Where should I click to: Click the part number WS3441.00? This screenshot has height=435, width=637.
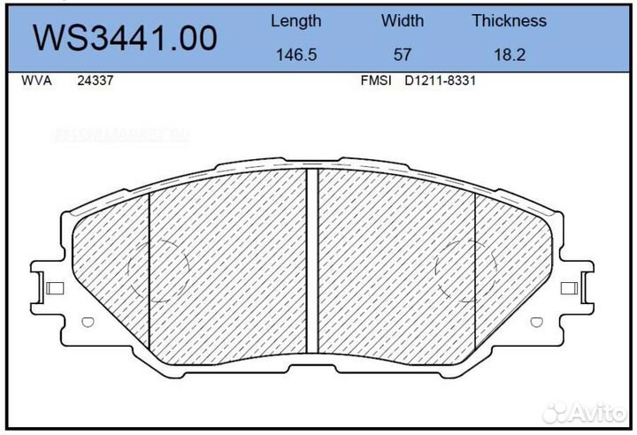click(125, 38)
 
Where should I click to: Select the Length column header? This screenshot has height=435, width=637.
click(295, 20)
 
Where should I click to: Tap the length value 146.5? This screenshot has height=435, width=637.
click(295, 54)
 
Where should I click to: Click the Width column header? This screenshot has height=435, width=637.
click(402, 20)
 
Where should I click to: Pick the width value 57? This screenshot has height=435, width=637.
click(402, 54)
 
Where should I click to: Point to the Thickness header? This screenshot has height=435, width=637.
click(509, 20)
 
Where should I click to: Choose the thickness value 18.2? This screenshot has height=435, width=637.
click(509, 54)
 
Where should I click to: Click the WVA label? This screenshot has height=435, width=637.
click(35, 80)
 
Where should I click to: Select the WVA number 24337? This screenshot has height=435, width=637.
click(95, 80)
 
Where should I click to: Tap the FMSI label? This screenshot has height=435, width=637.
click(375, 80)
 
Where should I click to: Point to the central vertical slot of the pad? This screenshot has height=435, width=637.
click(311, 261)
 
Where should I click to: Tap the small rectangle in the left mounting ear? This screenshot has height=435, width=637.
click(54, 288)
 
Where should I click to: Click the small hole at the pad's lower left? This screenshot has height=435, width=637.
click(85, 323)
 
